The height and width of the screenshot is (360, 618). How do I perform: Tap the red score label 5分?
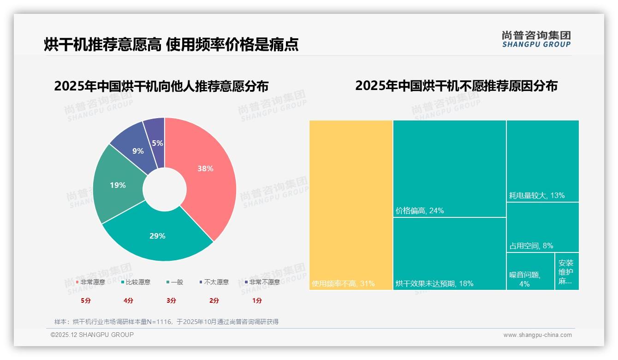pyautogui.click(x=86, y=300)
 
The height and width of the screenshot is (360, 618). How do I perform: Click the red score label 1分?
pyautogui.click(x=257, y=300)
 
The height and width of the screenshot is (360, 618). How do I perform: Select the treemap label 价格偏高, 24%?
pyautogui.click(x=420, y=211)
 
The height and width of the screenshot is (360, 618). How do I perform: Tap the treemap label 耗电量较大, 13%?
pyautogui.click(x=537, y=196)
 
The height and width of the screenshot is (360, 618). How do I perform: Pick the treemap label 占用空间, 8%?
pyautogui.click(x=531, y=246)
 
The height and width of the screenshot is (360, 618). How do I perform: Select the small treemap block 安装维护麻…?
pyautogui.click(x=566, y=272)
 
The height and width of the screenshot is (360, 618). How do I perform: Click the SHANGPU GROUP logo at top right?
pyautogui.click(x=536, y=39)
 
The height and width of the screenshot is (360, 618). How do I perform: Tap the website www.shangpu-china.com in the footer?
pyautogui.click(x=537, y=335)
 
